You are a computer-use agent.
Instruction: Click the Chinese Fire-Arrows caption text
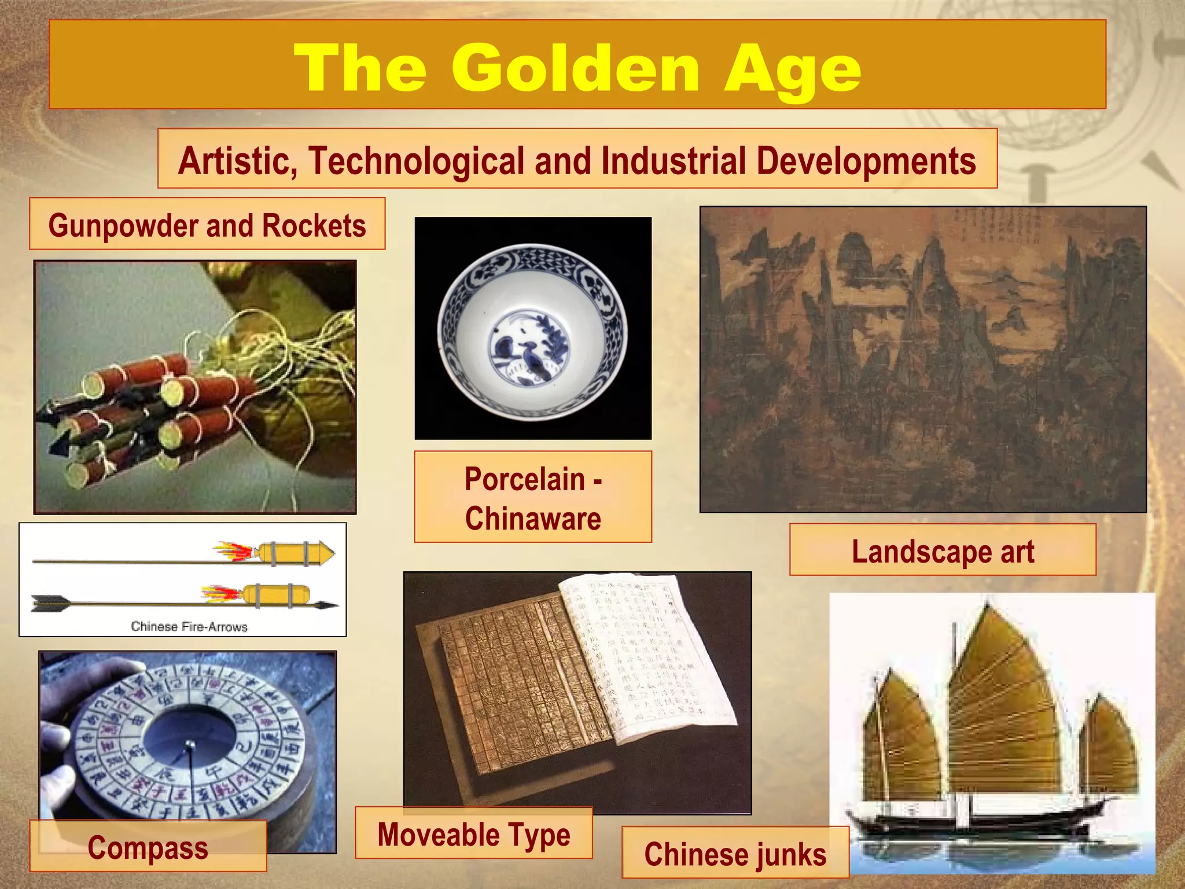click(189, 626)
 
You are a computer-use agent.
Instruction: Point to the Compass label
click(148, 848)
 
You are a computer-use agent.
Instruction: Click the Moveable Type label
click(473, 835)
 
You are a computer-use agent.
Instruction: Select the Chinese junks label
click(735, 854)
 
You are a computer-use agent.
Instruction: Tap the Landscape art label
click(943, 551)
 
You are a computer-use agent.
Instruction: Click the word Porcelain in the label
click(525, 479)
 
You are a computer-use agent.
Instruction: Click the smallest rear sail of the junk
click(1108, 747)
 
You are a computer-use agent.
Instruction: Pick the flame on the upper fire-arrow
click(234, 552)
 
